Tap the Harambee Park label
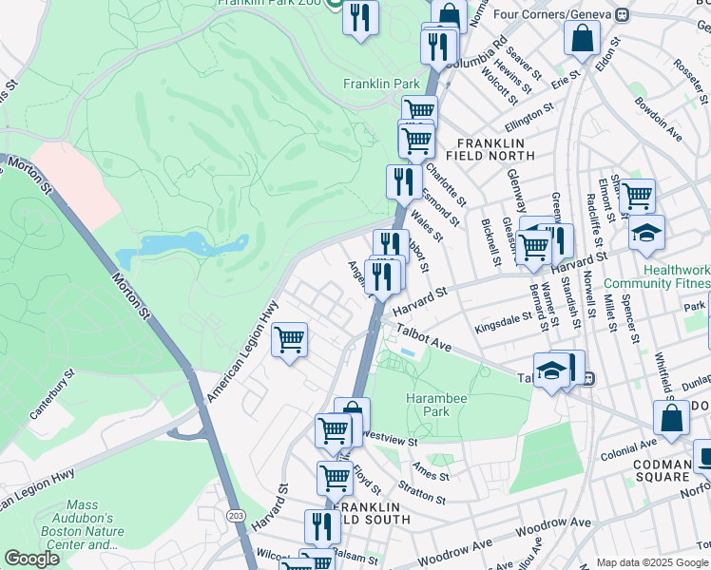coord(435,406)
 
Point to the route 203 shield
coord(235,514)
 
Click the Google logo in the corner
coord(31,559)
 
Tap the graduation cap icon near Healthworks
coord(646,234)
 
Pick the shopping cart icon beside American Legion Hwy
coord(290,339)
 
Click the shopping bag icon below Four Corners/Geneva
coord(581,38)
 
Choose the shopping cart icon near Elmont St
coord(637,195)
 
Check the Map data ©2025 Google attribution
coord(651,561)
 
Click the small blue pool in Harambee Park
coord(408,352)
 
